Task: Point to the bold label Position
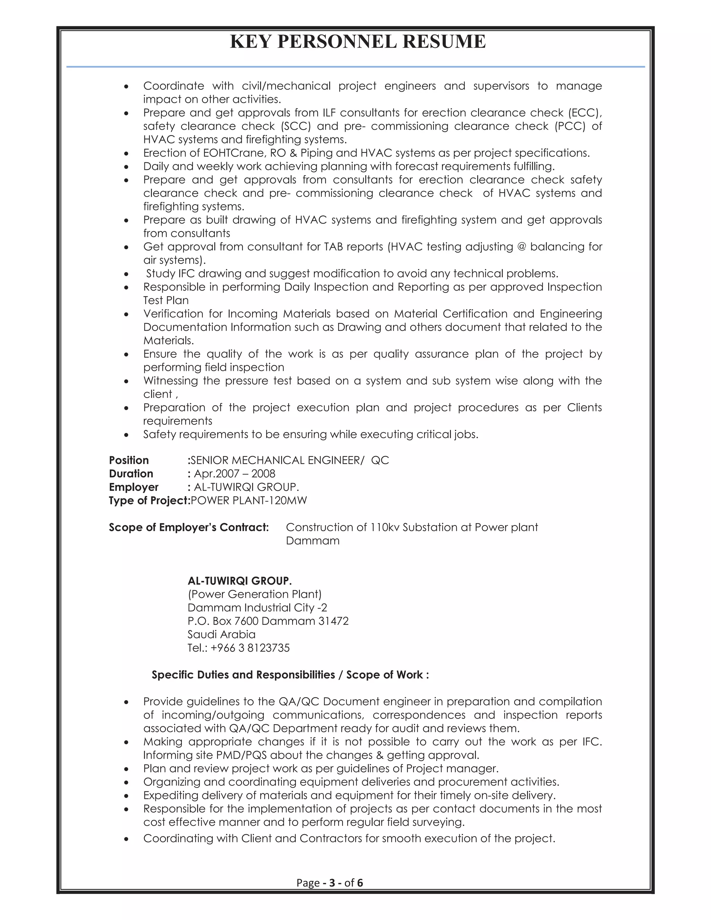pyautogui.click(x=128, y=460)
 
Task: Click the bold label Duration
pyautogui.click(x=131, y=474)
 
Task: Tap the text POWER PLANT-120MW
pyautogui.click(x=249, y=501)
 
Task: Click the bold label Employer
pyautogui.click(x=134, y=487)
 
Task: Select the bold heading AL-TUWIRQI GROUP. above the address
pyautogui.click(x=239, y=581)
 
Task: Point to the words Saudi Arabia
pyautogui.click(x=221, y=635)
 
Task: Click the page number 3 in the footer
pyautogui.click(x=332, y=883)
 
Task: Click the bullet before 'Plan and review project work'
pyautogui.click(x=126, y=769)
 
